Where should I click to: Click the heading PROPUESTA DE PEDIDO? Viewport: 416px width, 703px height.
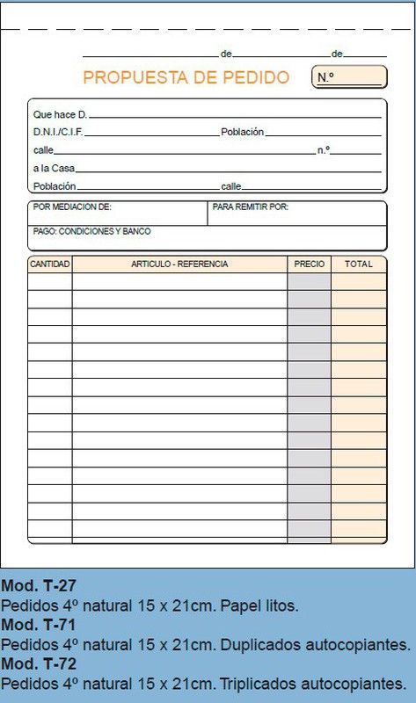[x=186, y=77]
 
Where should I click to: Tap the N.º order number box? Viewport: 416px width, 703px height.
[x=349, y=77]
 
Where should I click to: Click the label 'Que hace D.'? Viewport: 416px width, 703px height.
[x=60, y=114]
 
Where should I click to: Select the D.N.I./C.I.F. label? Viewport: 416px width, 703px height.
[x=58, y=132]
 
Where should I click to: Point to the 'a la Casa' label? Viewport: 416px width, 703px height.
[x=54, y=168]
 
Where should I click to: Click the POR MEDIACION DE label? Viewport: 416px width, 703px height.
[x=72, y=207]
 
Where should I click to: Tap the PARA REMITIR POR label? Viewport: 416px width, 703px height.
[x=251, y=207]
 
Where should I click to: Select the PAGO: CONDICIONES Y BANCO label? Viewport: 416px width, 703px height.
[x=91, y=231]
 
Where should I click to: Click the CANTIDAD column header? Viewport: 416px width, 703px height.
[x=50, y=264]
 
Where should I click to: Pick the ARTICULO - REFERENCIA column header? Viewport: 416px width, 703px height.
[x=179, y=264]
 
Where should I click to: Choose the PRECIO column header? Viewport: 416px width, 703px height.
[x=309, y=264]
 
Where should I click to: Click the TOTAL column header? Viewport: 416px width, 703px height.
[x=358, y=264]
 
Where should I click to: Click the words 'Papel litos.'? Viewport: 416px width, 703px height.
[x=259, y=605]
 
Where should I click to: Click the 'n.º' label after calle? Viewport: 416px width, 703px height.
[x=323, y=150]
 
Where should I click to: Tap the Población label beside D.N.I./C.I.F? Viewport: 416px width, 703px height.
[x=242, y=132]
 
